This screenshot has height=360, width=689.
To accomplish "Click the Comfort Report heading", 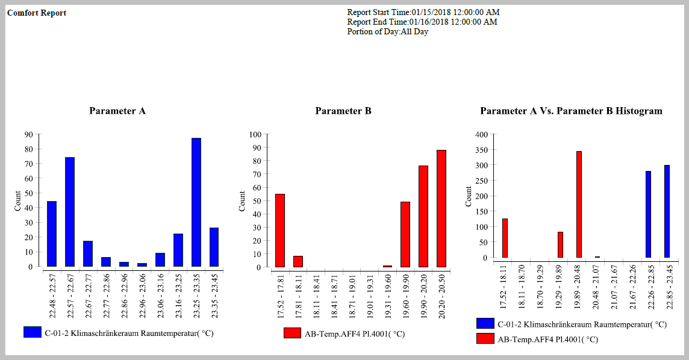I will [x=37, y=13].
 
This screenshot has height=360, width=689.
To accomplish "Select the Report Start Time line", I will [x=423, y=12].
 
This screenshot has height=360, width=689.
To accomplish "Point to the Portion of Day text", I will [x=387, y=31].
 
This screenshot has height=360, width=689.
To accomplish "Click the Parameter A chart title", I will [x=117, y=111].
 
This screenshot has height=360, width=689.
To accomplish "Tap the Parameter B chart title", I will [x=343, y=111].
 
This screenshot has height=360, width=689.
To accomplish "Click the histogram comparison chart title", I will [x=571, y=111].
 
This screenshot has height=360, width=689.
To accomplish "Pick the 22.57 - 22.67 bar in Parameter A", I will [x=70, y=212].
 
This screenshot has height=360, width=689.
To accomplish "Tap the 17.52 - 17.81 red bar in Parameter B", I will [x=280, y=231].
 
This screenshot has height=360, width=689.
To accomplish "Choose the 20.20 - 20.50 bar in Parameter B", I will [x=441, y=208].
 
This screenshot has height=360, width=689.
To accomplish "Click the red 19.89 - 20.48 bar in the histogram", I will [x=579, y=205].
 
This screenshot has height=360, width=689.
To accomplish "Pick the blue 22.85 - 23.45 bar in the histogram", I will [x=667, y=211].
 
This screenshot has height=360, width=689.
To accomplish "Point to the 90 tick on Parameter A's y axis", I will [x=28, y=134].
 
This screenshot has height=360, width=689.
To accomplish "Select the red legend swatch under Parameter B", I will [x=292, y=333].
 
